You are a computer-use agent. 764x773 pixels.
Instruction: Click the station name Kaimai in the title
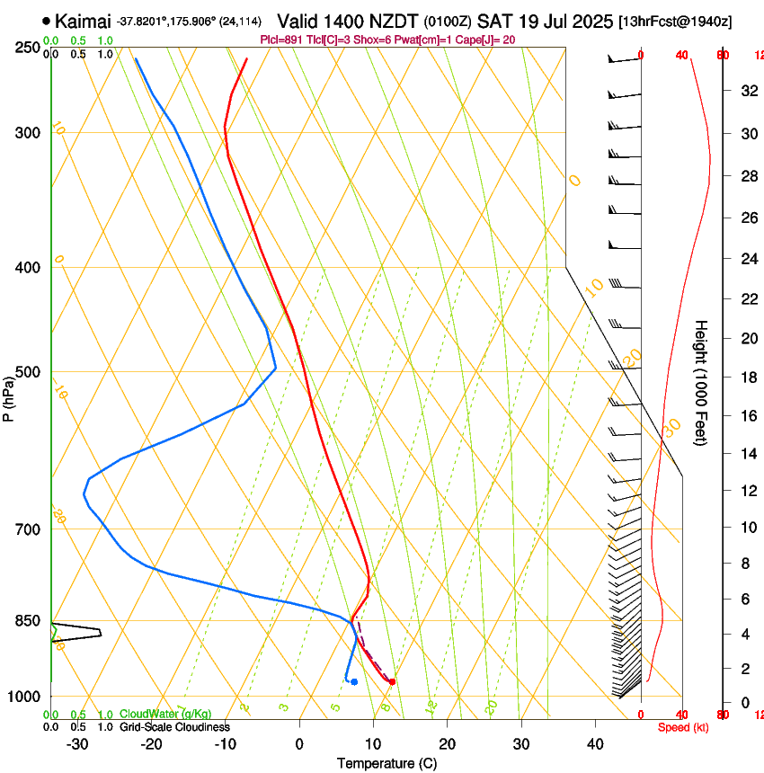pos(84,21)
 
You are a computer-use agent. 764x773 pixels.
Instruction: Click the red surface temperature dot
pos(392,681)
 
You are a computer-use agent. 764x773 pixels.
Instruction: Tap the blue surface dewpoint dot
pos(354,681)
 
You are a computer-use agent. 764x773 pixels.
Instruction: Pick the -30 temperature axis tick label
pos(77,744)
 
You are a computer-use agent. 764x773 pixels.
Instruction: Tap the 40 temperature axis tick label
pos(595,744)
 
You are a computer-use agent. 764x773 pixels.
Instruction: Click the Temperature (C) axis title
pos(386,763)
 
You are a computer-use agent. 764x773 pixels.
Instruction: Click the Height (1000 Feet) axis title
pos(701,382)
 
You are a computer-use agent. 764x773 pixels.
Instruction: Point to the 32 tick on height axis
pos(747,90)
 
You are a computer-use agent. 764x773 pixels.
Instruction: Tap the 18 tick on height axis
pos(747,377)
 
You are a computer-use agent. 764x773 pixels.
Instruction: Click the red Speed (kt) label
pos(683,727)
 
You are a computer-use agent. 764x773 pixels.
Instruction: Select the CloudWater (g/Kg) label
pos(165,714)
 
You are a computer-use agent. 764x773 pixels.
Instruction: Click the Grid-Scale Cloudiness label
pos(174,726)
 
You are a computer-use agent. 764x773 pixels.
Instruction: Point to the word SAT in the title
pos(493,21)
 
